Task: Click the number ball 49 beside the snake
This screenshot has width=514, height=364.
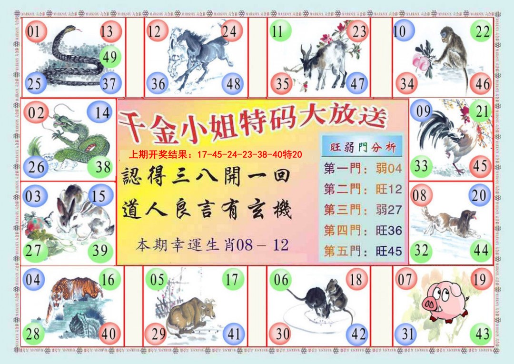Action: [x=110, y=58]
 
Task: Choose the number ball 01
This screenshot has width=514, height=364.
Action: [x=34, y=32]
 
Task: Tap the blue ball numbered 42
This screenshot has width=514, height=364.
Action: [x=356, y=334]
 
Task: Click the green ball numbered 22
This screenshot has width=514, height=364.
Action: [x=482, y=32]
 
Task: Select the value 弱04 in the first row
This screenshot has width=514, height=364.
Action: [x=388, y=168]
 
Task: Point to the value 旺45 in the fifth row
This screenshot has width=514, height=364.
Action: [x=388, y=251]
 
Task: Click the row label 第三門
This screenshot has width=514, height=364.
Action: [x=342, y=210]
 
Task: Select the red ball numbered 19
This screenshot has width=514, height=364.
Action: [x=479, y=279]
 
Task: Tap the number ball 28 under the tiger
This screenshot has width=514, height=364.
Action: [x=33, y=334]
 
